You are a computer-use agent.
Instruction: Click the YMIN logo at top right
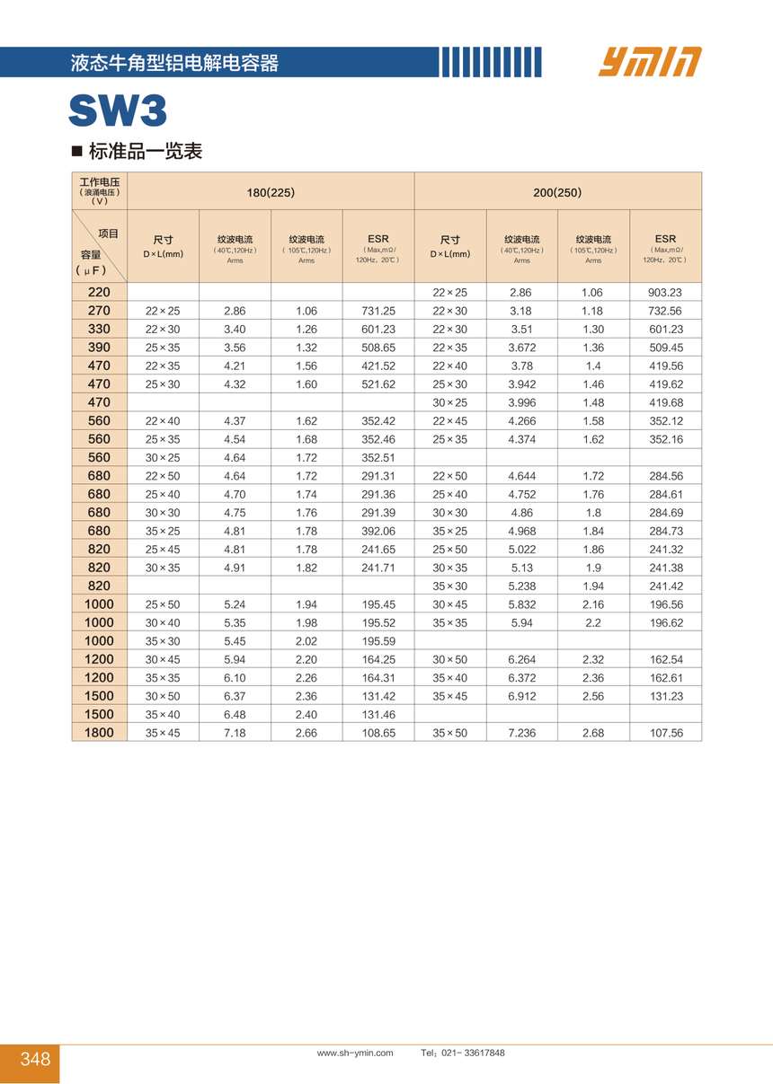(649, 62)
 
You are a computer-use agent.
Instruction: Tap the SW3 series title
(118, 112)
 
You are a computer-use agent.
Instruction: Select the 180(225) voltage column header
(271, 192)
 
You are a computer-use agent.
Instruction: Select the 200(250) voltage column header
(557, 192)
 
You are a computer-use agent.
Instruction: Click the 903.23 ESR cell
(665, 293)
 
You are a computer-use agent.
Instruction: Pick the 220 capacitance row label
(100, 293)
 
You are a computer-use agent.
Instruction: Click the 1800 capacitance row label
(100, 733)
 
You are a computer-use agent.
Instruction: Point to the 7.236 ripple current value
(521, 733)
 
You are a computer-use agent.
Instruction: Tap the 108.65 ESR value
(378, 733)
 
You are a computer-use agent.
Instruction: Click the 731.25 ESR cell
(378, 311)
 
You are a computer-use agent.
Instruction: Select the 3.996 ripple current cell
(521, 402)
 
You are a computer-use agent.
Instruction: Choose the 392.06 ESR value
(378, 531)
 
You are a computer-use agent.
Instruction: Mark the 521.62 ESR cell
(378, 384)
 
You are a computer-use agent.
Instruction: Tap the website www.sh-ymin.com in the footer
(355, 1053)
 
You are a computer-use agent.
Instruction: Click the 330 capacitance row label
(100, 330)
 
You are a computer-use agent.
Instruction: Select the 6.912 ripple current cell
(521, 696)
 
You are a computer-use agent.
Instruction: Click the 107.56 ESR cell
(665, 733)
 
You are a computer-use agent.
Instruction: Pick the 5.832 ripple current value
(521, 604)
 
